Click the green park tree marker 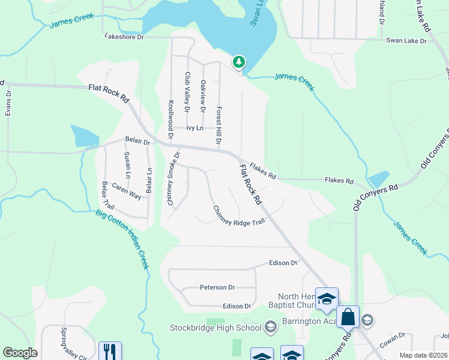tap(239, 62)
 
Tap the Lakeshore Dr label tap(124, 37)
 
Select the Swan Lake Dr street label tap(406, 41)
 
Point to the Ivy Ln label tap(194, 128)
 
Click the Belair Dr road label tap(137, 140)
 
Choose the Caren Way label tap(126, 191)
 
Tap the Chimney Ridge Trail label tap(239, 216)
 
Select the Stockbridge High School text tap(215, 328)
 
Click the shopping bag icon tap(348, 317)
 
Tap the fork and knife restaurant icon tap(109, 351)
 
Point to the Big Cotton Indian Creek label tap(122, 239)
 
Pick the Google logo tap(20, 353)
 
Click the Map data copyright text tap(423, 355)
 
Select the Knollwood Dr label tap(171, 119)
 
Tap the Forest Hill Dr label tap(219, 125)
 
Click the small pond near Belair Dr tap(84, 136)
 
